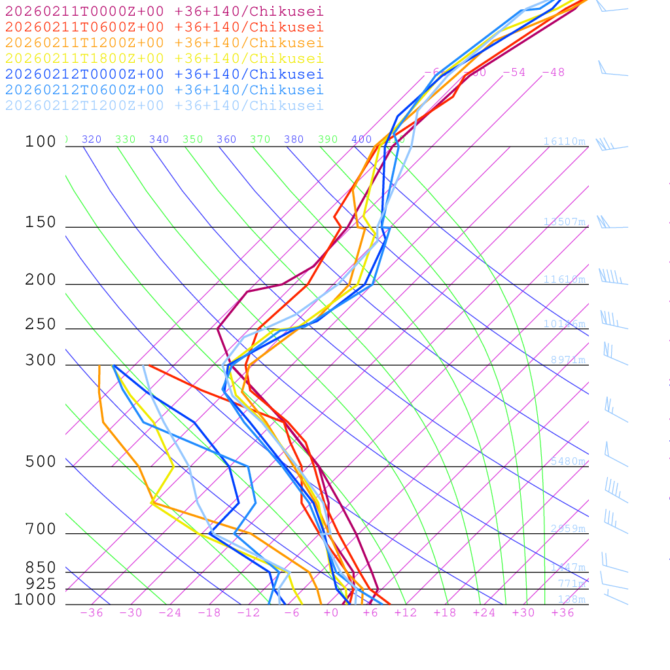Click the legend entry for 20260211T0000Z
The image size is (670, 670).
[164, 11]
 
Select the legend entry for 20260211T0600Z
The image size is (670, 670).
[164, 27]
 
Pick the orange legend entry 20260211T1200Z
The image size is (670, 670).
[164, 43]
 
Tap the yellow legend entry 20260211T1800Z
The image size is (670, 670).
[164, 58]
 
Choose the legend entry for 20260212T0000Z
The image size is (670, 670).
[164, 74]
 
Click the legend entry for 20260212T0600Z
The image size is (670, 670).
[164, 90]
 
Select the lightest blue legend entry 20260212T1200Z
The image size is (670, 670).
[164, 105]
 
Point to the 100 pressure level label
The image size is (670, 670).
[41, 142]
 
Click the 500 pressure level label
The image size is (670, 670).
[41, 463]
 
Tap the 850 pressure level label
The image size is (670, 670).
[41, 568]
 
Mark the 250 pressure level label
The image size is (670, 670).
[41, 325]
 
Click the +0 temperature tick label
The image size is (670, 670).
[331, 612]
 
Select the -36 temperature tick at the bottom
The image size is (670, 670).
[92, 612]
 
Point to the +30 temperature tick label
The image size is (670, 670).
[523, 612]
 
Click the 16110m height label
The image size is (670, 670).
[564, 141]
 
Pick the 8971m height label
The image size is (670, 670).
[567, 360]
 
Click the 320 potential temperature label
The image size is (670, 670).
[92, 139]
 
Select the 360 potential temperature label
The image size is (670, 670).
[226, 139]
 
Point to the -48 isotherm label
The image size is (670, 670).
[553, 72]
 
